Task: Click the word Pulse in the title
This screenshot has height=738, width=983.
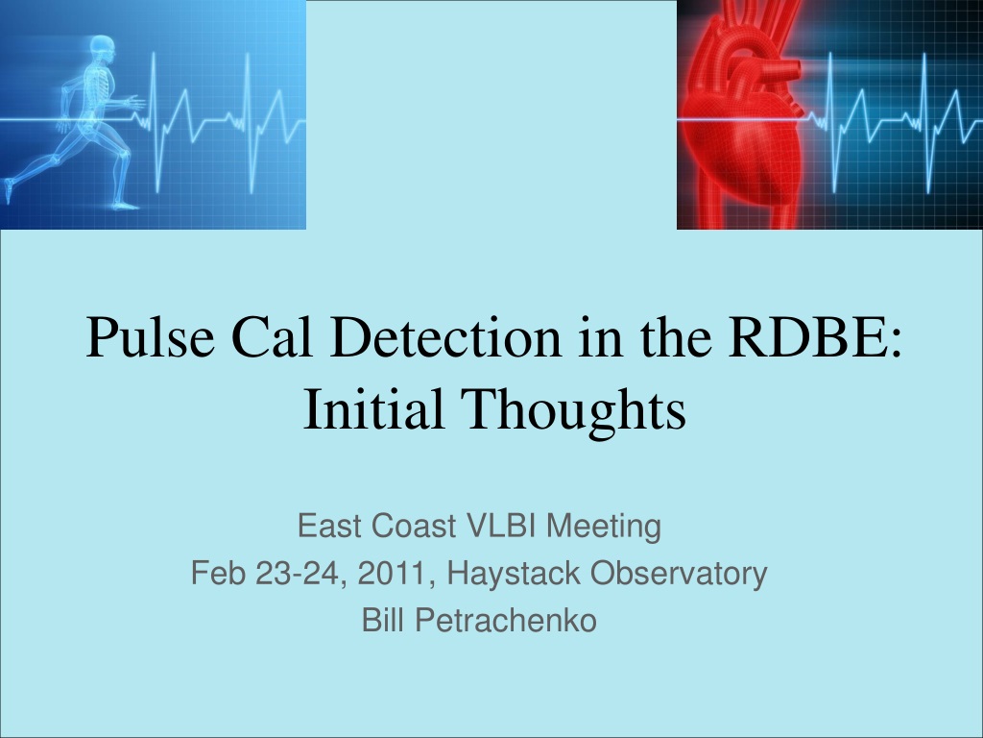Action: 151,337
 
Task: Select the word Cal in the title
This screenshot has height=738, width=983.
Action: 272,337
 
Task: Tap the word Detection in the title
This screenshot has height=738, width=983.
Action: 445,337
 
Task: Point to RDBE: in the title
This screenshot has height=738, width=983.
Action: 815,337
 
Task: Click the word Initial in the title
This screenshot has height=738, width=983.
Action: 373,408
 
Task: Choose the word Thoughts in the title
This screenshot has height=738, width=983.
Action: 573,411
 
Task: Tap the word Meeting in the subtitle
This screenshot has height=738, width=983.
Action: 604,528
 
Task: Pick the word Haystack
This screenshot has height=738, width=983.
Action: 514,575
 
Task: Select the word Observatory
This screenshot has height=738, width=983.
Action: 679,575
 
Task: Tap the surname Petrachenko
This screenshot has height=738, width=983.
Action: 506,620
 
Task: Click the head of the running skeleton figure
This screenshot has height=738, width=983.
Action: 103,48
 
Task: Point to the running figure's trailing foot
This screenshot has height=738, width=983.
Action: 8,190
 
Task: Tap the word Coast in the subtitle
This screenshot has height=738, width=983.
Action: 414,526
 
